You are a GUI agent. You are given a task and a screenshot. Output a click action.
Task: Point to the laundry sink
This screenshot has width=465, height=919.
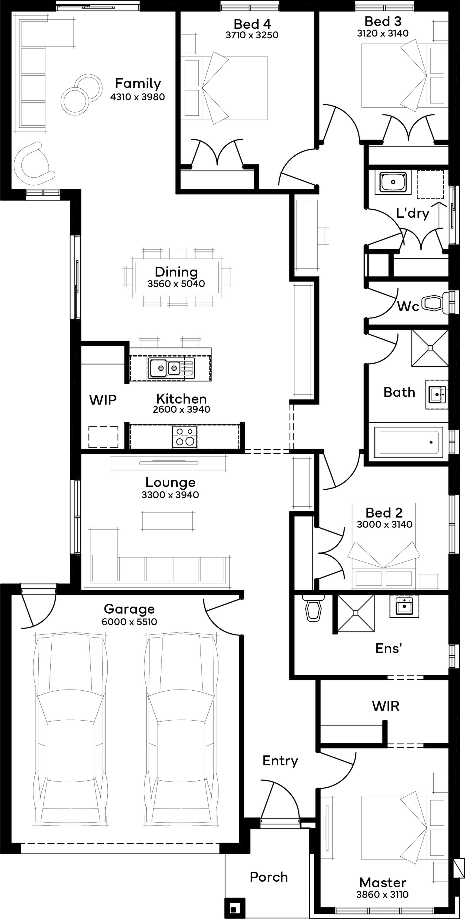tap(393, 182)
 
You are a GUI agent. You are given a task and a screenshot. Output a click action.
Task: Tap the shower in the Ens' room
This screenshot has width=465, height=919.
tap(355, 613)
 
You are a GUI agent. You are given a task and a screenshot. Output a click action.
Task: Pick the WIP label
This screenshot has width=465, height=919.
tap(103, 400)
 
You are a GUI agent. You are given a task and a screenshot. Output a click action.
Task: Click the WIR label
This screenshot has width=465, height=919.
tap(385, 706)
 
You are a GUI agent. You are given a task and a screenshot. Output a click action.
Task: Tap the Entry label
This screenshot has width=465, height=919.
tap(280, 761)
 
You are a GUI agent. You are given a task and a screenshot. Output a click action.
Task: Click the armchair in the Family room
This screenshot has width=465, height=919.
tap(33, 163)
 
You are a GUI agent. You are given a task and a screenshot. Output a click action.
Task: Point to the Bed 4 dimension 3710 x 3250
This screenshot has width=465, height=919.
tap(252, 35)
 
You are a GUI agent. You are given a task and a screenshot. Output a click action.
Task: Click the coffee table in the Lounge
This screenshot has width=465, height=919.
tap(169, 521)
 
